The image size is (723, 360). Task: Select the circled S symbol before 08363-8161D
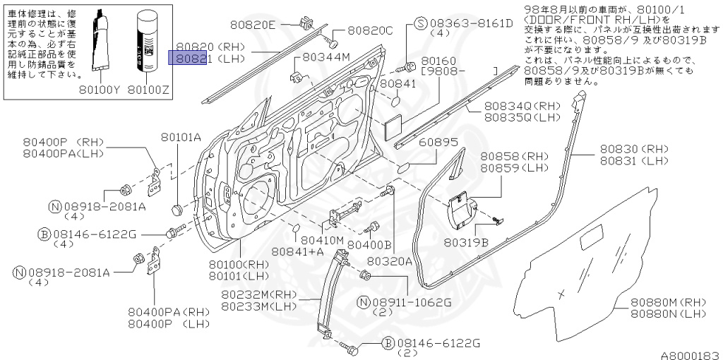click(419, 23)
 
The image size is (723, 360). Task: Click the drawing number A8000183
click(690, 354)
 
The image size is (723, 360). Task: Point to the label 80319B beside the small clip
click(465, 242)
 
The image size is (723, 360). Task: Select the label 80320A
click(395, 260)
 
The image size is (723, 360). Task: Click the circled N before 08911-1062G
click(364, 302)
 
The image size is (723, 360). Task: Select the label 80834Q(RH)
click(521, 105)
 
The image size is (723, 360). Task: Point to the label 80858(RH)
click(504, 156)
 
